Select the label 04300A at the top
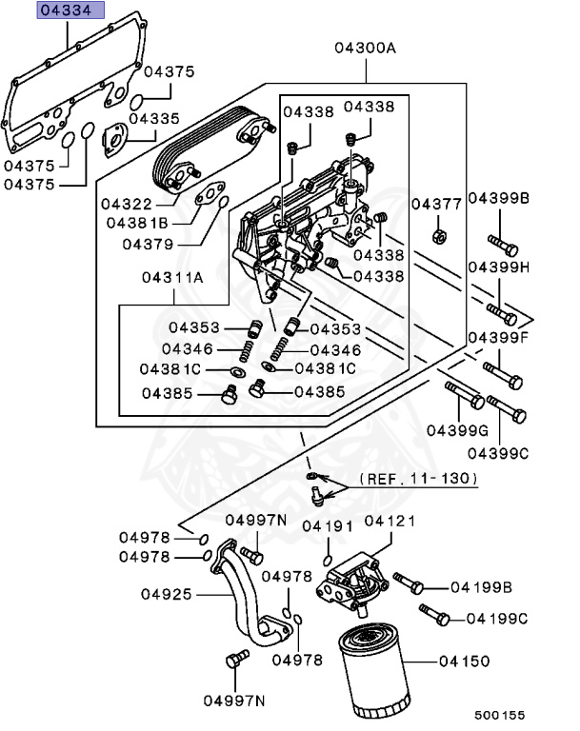point(365,47)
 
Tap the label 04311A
point(172,278)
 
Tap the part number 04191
point(328,525)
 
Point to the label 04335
point(154,119)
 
